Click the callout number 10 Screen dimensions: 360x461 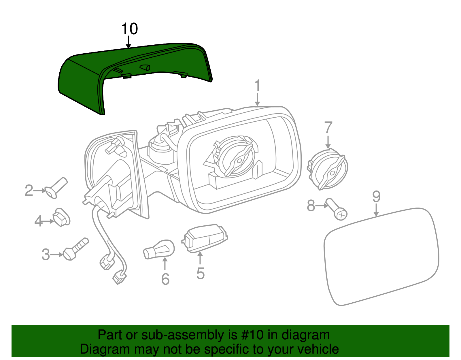click(129, 29)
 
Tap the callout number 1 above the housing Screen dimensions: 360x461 click(257, 86)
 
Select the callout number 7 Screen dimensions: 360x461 click(328, 128)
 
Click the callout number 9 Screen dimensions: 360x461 click(376, 197)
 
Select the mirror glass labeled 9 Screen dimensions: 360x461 click(380, 257)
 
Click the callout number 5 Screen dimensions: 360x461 click(201, 274)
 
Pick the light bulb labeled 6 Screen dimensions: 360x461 click(159, 250)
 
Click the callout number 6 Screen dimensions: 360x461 click(165, 279)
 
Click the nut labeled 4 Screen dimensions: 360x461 click(61, 217)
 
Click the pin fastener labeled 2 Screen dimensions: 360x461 click(56, 187)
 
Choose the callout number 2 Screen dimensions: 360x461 click(29, 191)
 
